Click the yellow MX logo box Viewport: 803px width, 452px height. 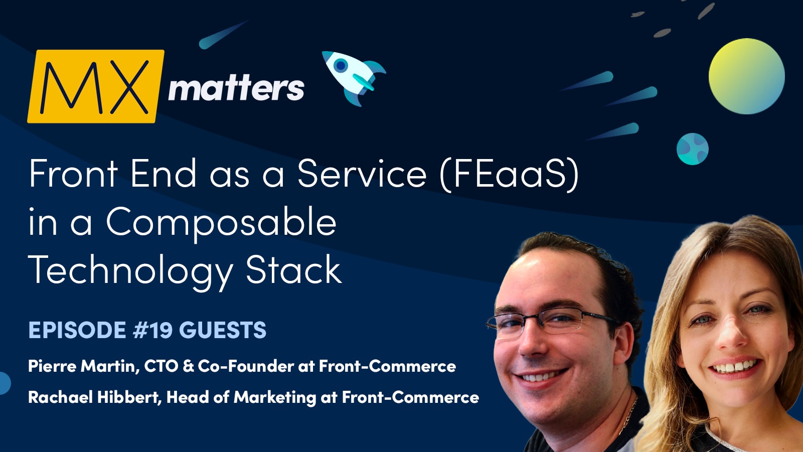tap(95, 86)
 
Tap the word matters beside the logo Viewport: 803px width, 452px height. tap(236, 89)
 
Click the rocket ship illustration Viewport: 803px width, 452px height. tap(354, 77)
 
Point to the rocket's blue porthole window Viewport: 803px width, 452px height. tap(341, 65)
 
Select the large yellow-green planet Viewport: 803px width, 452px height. tap(746, 76)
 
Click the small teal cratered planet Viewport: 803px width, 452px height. tap(692, 149)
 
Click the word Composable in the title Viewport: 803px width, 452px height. tap(221, 222)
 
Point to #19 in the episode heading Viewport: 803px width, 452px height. tap(152, 330)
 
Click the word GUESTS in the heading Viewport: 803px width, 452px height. tap(223, 330)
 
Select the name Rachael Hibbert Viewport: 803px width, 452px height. tap(93, 397)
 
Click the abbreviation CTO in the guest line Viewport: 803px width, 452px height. tap(161, 366)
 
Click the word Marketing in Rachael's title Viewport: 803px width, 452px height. tap(275, 397)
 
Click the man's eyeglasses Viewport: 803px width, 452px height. tap(552, 321)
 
